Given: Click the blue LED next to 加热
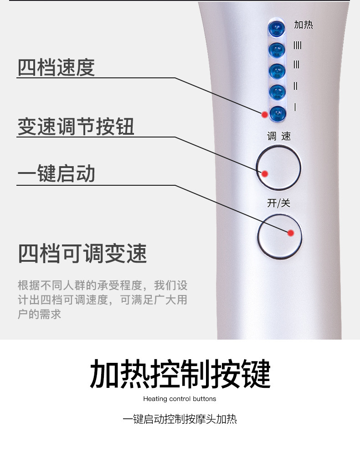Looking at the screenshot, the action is (276, 29).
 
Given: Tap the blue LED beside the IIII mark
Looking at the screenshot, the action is (277, 50).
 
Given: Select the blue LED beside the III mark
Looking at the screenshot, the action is (277, 71).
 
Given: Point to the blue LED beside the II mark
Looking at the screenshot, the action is (277, 92).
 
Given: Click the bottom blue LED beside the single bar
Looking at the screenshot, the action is (278, 114).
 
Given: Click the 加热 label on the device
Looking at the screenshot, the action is (303, 25).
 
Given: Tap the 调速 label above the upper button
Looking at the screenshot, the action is (279, 137).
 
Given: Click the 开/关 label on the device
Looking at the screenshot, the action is (278, 203).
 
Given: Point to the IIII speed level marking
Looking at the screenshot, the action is (297, 46).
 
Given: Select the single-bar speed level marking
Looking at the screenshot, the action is (295, 107).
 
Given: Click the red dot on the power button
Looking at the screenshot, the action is (291, 233).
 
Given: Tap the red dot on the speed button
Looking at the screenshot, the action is (265, 174).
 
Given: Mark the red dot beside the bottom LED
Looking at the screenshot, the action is (264, 115).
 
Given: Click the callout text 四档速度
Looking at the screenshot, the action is (56, 67).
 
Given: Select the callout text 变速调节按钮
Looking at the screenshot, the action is (76, 127).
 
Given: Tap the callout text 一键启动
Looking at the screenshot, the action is (56, 173).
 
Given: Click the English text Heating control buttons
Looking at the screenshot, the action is (180, 399).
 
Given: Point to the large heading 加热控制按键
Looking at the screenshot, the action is (180, 373).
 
